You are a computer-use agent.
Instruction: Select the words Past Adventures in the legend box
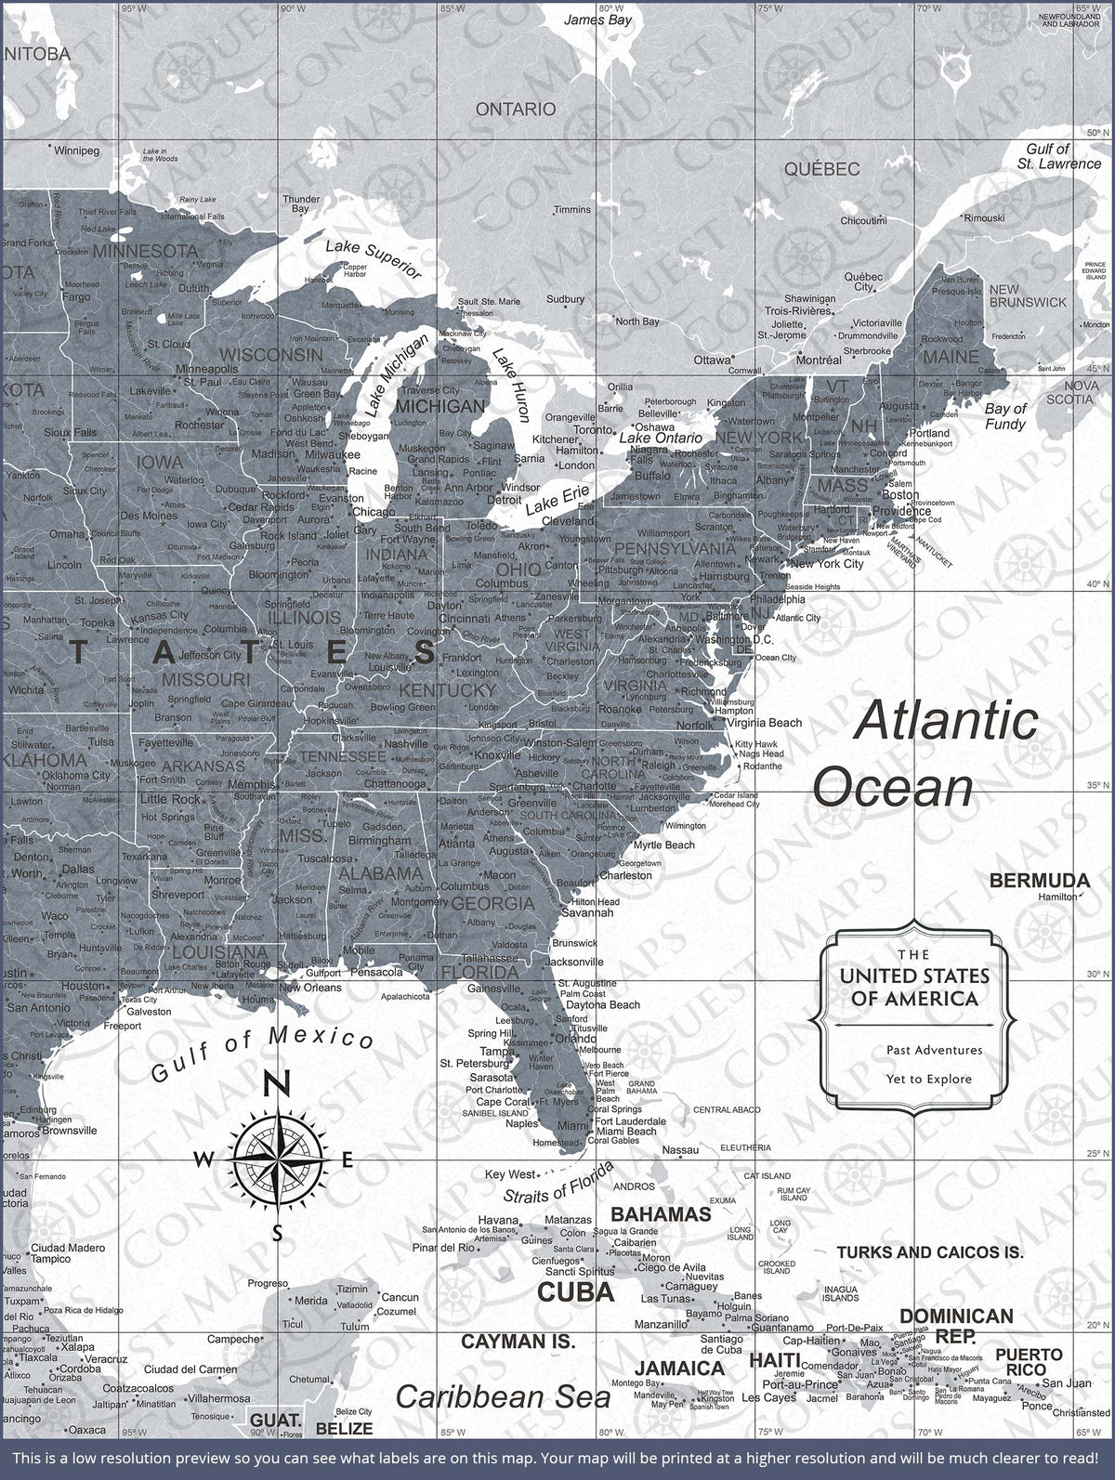point(934,1050)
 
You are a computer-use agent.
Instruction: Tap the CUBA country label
point(576,1291)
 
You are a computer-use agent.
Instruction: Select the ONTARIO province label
point(516,110)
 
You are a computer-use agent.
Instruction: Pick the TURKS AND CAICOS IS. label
point(929,1252)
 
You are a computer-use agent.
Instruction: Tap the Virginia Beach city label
point(764,722)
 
